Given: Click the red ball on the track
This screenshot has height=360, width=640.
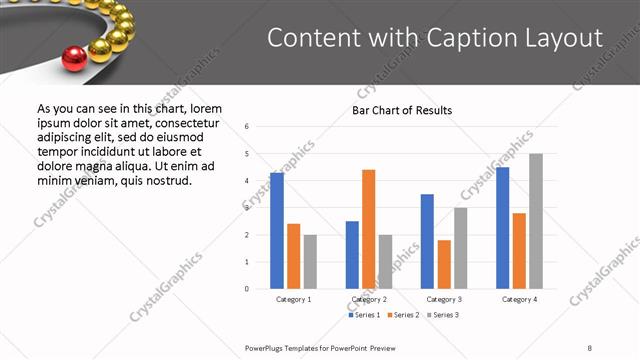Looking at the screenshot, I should pyautogui.click(x=74, y=59).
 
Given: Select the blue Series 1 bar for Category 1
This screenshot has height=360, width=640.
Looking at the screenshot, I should pyautogui.click(x=277, y=230).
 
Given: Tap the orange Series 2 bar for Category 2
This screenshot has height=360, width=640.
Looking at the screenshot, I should pyautogui.click(x=368, y=229).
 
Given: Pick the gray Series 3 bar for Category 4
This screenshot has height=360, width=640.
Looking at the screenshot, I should pyautogui.click(x=536, y=221).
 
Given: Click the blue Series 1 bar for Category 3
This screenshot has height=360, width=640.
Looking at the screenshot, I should pyautogui.click(x=427, y=241).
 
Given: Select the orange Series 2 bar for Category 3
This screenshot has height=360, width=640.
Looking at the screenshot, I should pyautogui.click(x=444, y=264).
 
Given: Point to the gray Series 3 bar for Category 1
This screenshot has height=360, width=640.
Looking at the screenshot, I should pyautogui.click(x=310, y=261).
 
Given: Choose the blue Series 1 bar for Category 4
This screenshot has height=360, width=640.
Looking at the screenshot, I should pyautogui.click(x=502, y=227).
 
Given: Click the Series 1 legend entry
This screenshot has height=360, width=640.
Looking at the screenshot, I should pyautogui.click(x=363, y=315).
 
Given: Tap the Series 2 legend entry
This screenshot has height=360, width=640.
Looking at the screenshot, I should pyautogui.click(x=403, y=315).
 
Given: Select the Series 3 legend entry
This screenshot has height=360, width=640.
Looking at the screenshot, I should pyautogui.click(x=443, y=315).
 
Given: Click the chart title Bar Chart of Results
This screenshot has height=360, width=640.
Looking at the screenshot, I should pyautogui.click(x=402, y=110).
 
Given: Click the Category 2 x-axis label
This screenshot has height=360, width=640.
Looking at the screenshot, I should pyautogui.click(x=368, y=299).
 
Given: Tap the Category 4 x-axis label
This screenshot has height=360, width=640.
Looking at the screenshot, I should pyautogui.click(x=519, y=299).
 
